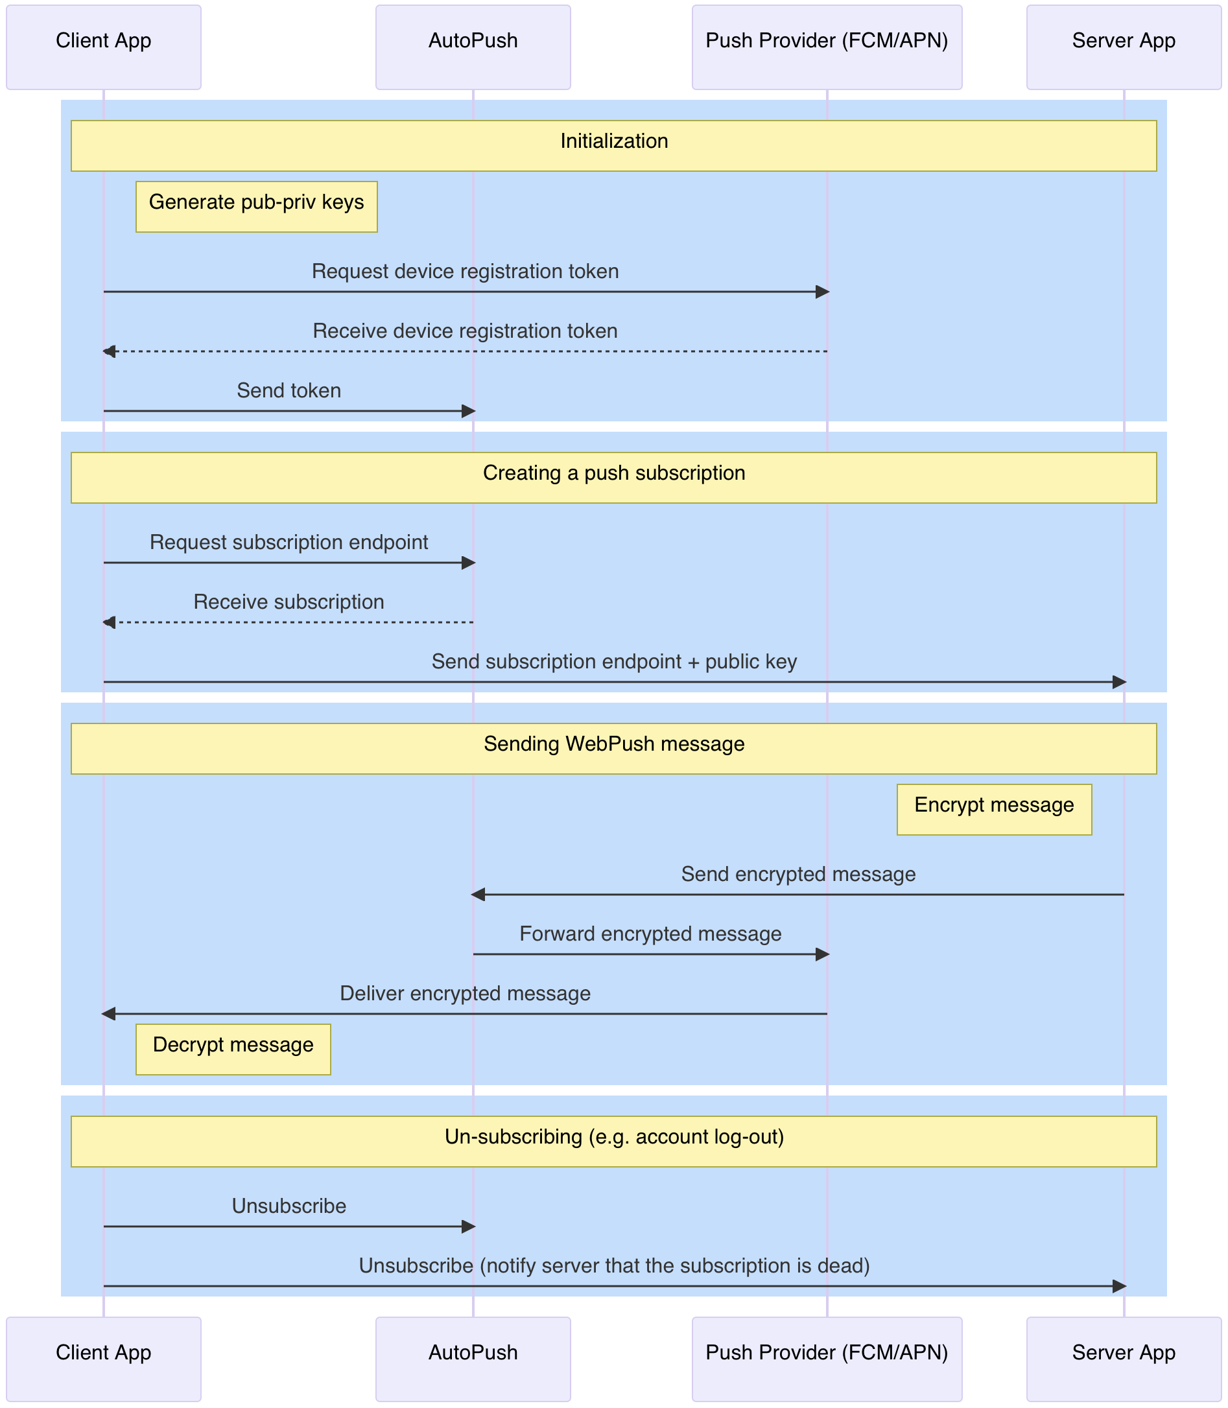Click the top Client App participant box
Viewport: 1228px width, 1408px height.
point(104,47)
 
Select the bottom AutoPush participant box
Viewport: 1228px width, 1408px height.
point(473,1359)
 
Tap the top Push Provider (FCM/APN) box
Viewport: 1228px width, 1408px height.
point(827,47)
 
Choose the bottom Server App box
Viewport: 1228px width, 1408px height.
point(1123,1359)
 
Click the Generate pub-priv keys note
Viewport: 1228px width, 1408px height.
point(256,206)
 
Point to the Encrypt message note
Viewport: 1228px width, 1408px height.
point(994,809)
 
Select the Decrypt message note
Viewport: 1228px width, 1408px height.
point(233,1049)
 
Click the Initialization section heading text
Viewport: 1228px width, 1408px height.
point(614,141)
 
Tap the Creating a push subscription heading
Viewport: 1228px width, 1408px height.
point(614,473)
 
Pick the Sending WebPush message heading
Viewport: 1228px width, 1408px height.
point(614,744)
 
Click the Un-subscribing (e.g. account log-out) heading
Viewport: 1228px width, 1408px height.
point(614,1136)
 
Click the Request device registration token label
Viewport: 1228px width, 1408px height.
point(465,272)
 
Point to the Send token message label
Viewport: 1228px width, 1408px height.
point(289,390)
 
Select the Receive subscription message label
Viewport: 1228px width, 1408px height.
point(289,602)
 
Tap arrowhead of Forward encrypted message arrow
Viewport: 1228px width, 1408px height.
point(822,954)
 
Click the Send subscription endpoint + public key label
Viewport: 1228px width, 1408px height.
point(614,661)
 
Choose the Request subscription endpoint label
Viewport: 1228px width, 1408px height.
point(289,542)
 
